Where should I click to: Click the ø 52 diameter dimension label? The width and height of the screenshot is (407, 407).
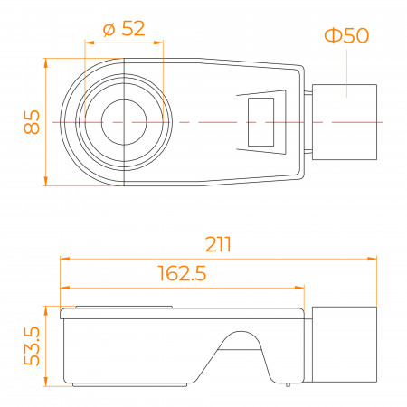coord(124,29)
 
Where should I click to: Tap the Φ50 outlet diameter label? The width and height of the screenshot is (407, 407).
coord(346,35)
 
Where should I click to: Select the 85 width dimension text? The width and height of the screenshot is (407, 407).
coord(32,122)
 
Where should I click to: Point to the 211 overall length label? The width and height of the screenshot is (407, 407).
coord(218,244)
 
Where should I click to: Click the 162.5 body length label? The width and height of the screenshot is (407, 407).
coord(182,273)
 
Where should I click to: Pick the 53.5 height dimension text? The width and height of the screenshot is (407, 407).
coord(32,346)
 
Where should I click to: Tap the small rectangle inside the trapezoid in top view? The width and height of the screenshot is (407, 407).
coord(261,122)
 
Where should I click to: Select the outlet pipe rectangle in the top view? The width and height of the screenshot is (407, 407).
coord(345,122)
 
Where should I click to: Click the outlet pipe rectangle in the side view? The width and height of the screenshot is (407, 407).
coord(345,345)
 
